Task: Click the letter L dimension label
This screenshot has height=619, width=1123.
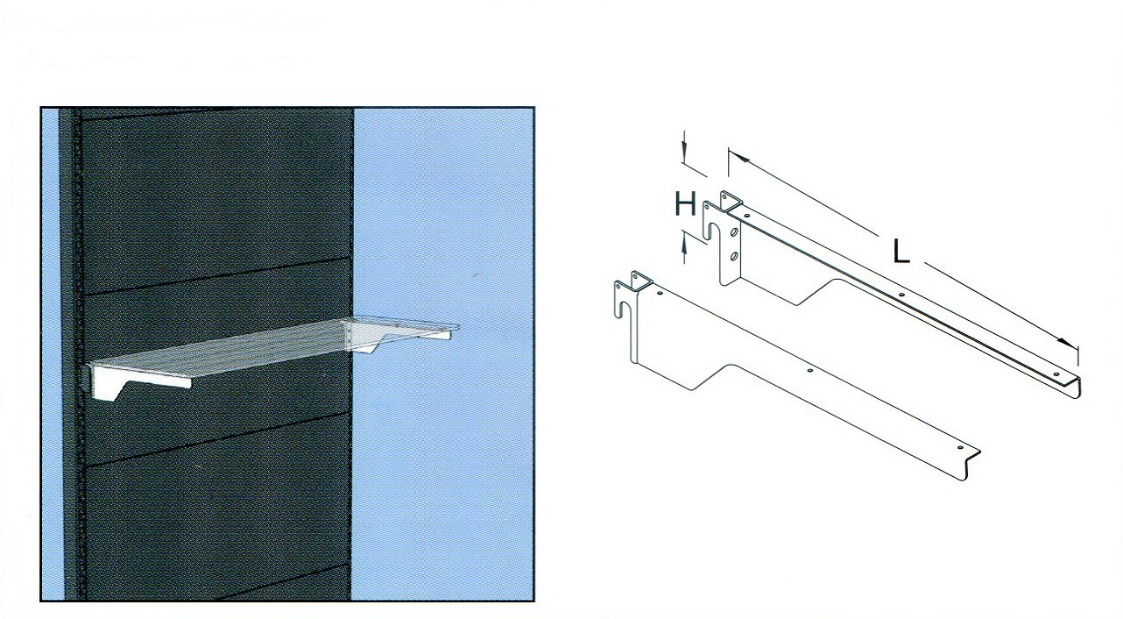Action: [x=902, y=252]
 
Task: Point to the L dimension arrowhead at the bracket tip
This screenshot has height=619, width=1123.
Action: [x=1069, y=343]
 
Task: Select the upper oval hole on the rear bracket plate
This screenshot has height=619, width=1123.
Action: [x=734, y=233]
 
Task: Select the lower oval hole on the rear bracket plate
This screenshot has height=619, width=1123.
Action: [x=734, y=256]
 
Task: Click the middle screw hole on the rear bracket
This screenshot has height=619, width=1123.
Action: [x=901, y=295]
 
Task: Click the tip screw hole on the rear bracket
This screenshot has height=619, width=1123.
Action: [x=1056, y=374]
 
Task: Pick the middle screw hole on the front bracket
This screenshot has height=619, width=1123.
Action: [x=809, y=371]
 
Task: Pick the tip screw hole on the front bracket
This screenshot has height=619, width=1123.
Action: [x=961, y=447]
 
